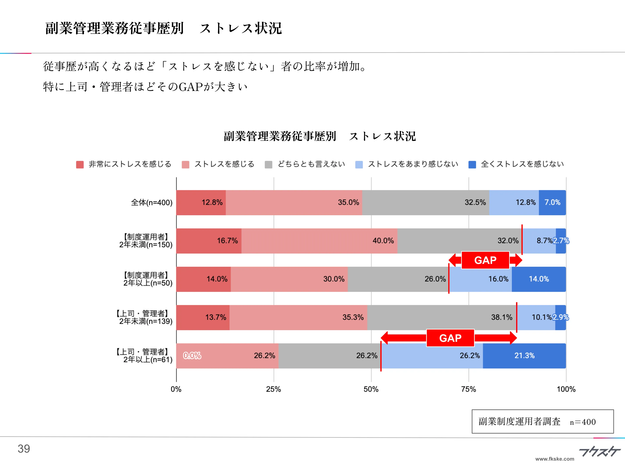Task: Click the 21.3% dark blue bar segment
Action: point(524,356)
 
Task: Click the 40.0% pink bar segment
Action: point(319,241)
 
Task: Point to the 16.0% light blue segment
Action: point(480,279)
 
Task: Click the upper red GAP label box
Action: point(485,260)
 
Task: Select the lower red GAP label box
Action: point(450,338)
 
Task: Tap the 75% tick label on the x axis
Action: point(468,389)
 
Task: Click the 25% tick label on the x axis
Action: point(274,389)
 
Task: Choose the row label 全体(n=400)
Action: point(151,202)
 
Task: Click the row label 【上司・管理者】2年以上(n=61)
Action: point(144,356)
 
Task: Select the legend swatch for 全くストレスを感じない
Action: point(472,164)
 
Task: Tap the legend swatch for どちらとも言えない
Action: point(268,164)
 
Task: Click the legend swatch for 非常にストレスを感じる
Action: point(80,164)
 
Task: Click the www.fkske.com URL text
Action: point(555,459)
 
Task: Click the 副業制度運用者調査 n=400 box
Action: point(542,421)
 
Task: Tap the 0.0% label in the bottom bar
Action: point(192,356)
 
